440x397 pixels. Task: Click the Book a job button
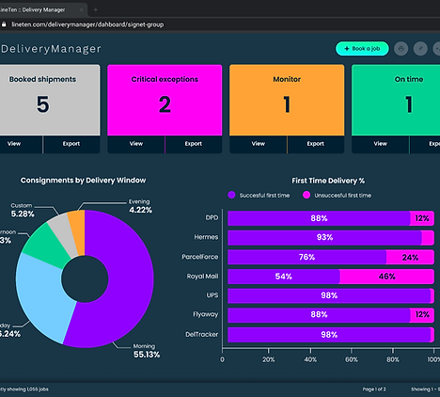[361, 48]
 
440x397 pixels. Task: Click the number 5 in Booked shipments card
[42, 104]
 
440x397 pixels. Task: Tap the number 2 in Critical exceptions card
[165, 104]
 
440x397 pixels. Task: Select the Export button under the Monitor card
[315, 144]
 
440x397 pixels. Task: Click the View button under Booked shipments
[14, 144]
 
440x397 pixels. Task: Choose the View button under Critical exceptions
[136, 144]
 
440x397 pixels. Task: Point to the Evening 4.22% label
[140, 206]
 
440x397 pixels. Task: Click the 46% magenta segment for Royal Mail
[385, 276]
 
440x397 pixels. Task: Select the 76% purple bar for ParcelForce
[306, 256]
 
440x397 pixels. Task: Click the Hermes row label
[207, 237]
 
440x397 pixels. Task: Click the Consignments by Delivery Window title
[83, 180]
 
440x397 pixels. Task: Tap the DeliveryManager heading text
[51, 48]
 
